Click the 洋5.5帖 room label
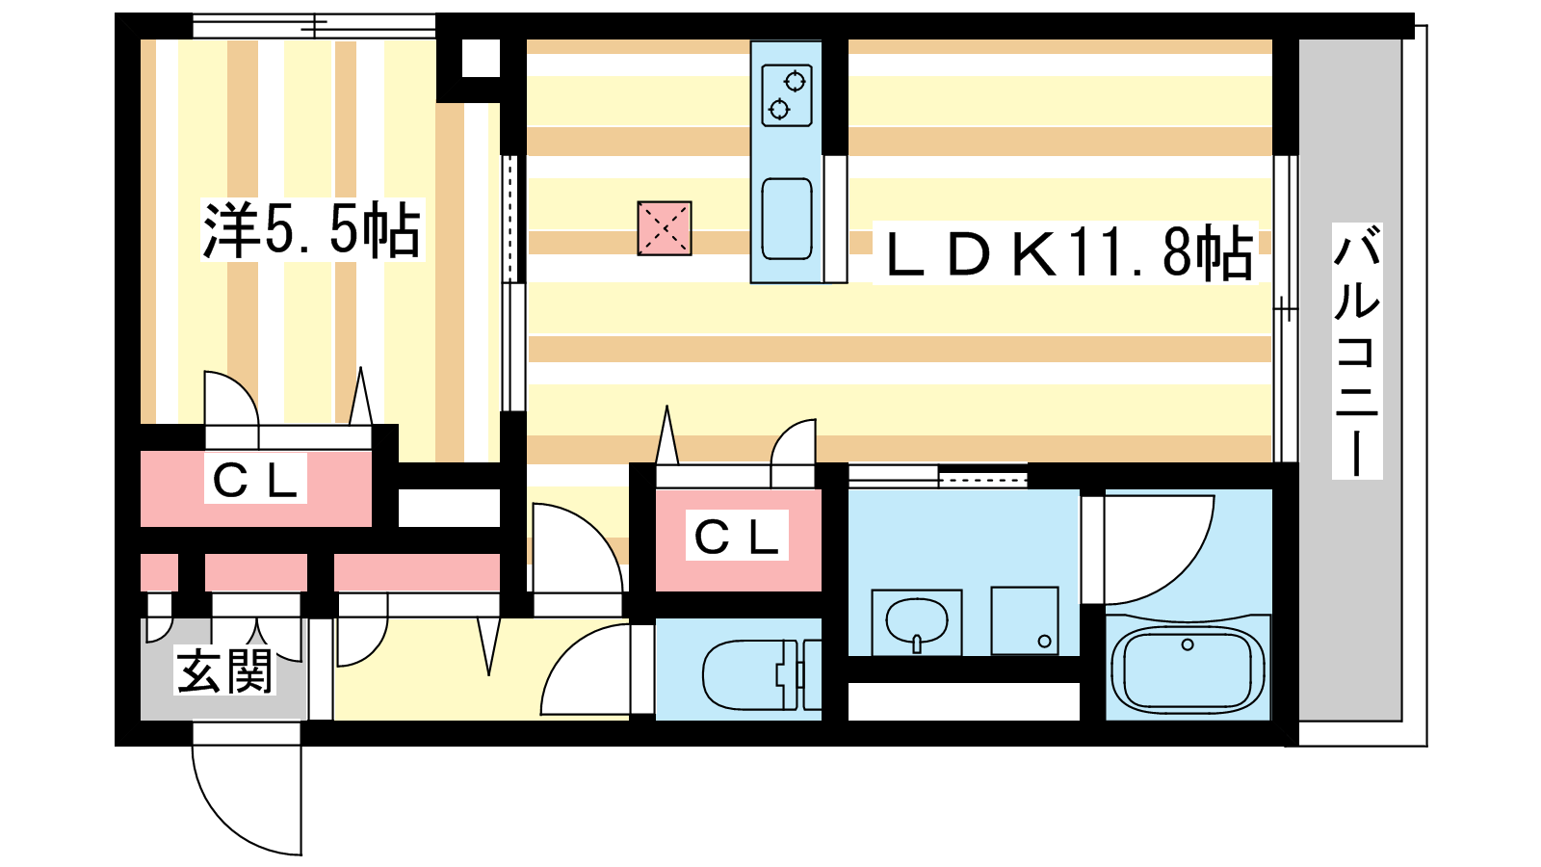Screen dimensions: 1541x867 point(312,230)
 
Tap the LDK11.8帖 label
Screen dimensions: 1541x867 point(1065,252)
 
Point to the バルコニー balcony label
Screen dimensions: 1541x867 point(1357,351)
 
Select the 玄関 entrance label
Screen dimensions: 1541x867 point(225,670)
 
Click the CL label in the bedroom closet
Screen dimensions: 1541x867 point(255,480)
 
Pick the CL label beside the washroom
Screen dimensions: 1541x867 point(737,536)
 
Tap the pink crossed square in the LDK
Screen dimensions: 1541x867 point(664,228)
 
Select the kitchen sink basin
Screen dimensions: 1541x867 point(786,219)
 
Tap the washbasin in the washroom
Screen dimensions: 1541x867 point(916,620)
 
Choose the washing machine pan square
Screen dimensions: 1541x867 point(1025,620)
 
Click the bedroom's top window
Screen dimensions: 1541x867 point(314,26)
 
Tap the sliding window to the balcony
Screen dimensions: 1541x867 point(1285,308)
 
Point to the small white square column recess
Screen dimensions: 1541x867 point(481,59)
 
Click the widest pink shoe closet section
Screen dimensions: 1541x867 point(417,572)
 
